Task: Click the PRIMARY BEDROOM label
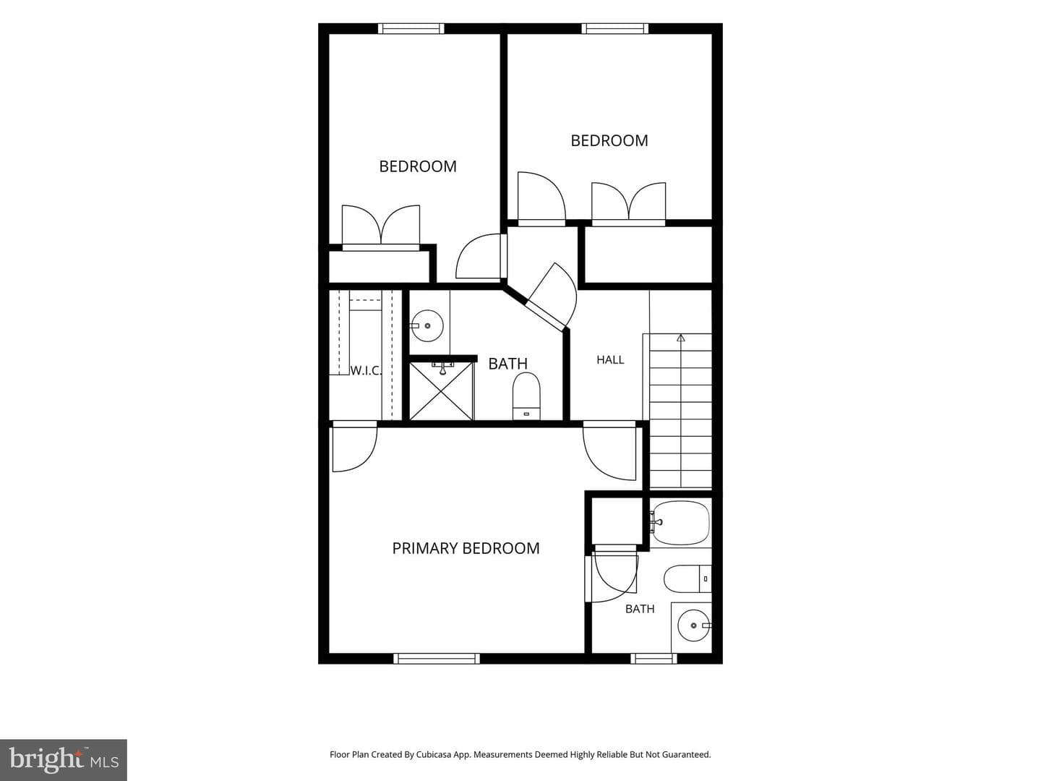point(466,548)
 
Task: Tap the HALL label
point(610,360)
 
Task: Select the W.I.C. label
point(366,370)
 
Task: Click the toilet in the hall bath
point(526,396)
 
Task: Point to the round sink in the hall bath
point(427,325)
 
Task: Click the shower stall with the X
point(442,391)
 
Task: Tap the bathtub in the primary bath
point(680,523)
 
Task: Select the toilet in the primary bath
point(687,579)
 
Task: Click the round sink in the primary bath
point(694,626)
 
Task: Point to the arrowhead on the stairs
point(680,338)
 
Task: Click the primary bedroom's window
point(437,658)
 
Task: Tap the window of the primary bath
point(654,658)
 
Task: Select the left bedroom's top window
point(411,28)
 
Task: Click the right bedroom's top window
point(615,28)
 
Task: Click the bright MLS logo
point(64,759)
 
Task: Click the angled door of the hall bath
point(549,298)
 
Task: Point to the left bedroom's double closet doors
point(381,226)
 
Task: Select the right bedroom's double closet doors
point(628,202)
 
